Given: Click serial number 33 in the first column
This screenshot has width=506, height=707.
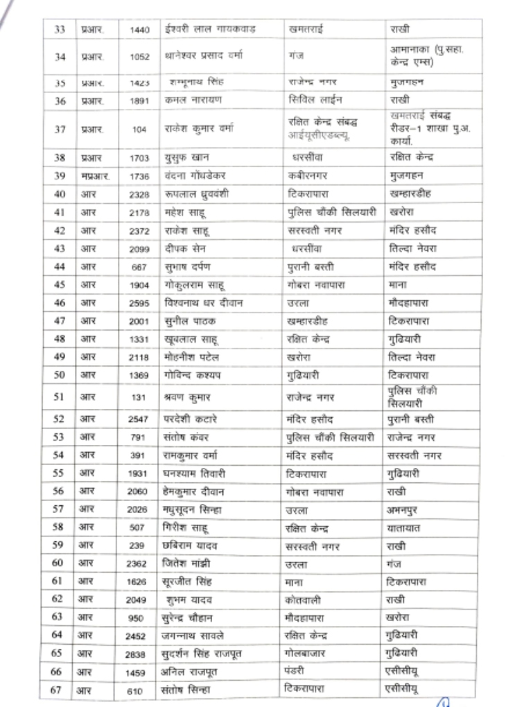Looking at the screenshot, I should [60, 30].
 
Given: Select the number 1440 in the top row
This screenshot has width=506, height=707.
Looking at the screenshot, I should [139, 30].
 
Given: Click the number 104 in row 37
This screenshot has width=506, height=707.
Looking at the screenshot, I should [140, 128].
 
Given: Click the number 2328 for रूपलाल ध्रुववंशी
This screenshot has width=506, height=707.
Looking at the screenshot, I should [139, 194].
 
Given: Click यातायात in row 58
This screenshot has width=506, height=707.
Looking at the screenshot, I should [405, 527].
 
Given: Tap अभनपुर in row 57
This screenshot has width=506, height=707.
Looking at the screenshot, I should [404, 509].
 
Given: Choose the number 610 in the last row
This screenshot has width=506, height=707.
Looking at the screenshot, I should [139, 690].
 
